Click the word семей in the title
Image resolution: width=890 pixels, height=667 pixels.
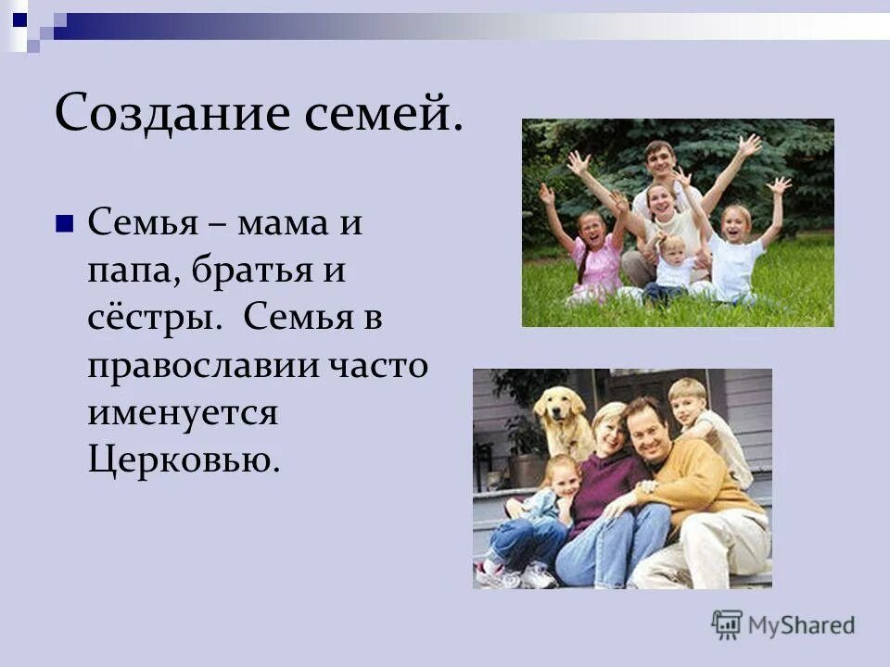(x=380, y=114)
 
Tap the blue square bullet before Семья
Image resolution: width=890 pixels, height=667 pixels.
(x=64, y=224)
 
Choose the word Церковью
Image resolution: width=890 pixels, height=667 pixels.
(x=183, y=458)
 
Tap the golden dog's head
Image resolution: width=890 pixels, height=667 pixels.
(x=560, y=407)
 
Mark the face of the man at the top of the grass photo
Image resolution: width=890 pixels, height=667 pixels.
(x=659, y=161)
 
